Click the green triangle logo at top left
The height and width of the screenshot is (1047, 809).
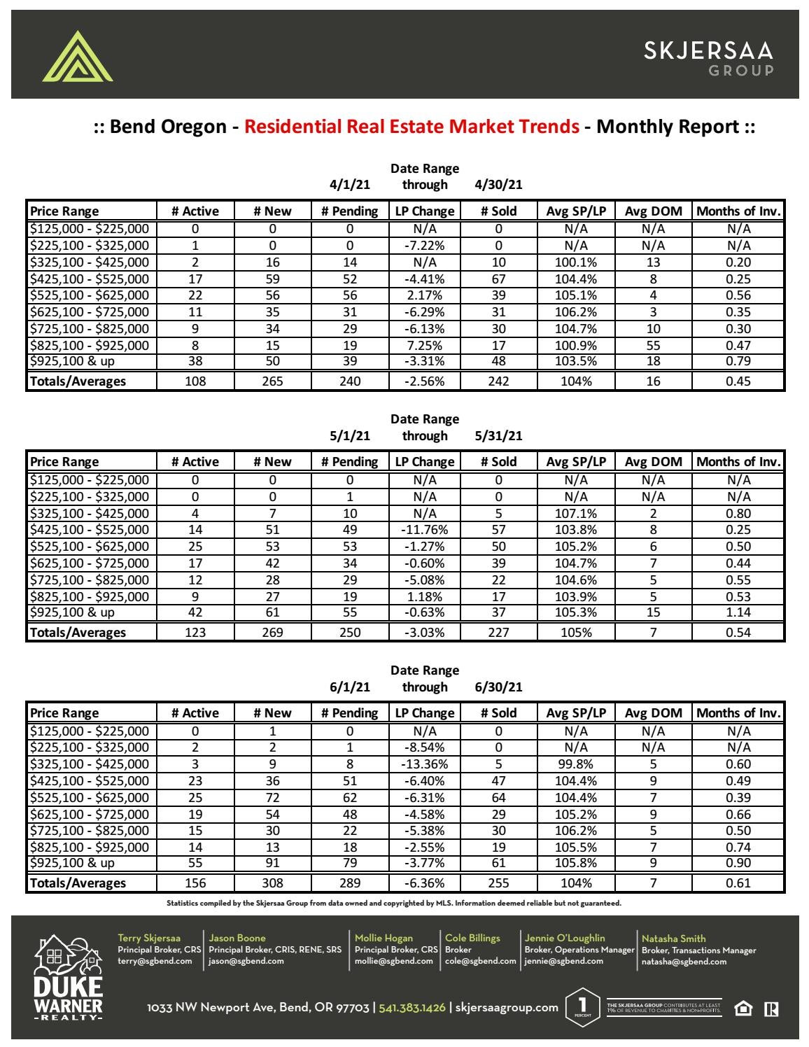(77, 57)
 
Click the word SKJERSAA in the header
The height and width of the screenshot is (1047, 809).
(708, 50)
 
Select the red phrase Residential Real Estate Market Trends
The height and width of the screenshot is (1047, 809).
(411, 127)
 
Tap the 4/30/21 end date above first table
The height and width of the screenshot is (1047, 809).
(498, 185)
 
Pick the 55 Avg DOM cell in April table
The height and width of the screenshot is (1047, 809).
(652, 345)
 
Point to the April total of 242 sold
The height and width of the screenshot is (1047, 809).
(498, 381)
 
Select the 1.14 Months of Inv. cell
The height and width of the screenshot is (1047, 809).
(738, 612)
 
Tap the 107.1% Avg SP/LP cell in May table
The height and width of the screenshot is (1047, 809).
(575, 513)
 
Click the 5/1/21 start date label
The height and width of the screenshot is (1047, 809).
(349, 435)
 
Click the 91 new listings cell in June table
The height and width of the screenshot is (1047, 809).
(272, 863)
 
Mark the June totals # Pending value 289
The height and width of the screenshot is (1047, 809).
(349, 883)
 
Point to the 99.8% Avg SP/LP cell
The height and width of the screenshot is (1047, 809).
(575, 764)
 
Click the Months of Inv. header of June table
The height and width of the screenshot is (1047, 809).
(738, 713)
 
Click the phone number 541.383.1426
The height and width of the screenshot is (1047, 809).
(411, 1008)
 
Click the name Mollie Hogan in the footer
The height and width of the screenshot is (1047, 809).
(384, 938)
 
